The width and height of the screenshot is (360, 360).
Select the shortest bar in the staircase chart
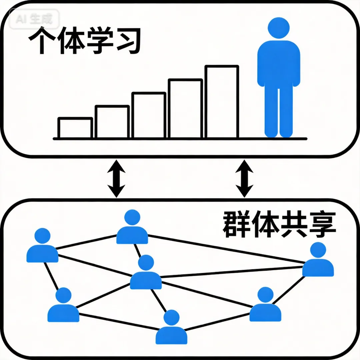(x=75, y=128)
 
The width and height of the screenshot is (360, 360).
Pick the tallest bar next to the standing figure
(x=222, y=102)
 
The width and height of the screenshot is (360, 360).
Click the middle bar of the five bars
(x=149, y=115)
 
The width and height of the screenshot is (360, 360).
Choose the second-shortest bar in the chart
(x=112, y=122)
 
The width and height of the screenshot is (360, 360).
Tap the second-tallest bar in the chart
(x=185, y=108)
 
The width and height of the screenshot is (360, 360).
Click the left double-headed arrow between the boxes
(x=116, y=178)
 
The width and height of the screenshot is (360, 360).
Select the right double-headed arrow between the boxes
(x=244, y=178)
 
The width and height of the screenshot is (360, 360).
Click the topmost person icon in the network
(x=132, y=228)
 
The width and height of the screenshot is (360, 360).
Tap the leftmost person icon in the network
(x=42, y=247)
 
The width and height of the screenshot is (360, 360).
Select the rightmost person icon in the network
(x=318, y=261)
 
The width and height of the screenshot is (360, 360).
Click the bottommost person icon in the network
(x=171, y=328)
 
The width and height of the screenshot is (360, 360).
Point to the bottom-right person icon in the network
(x=265, y=306)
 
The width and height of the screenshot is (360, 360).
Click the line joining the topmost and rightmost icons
(x=227, y=249)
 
